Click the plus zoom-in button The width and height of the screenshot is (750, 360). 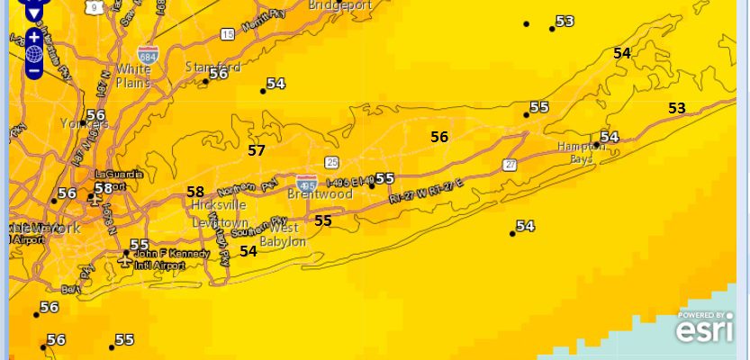(33, 37)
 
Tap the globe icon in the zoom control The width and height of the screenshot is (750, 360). (33, 53)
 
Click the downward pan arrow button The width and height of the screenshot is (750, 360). (33, 13)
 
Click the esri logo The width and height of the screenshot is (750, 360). (705, 330)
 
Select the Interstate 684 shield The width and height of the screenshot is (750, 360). (149, 54)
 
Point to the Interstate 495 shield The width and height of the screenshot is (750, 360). (307, 184)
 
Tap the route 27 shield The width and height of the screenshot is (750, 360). (511, 165)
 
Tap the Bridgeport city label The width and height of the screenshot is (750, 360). (339, 4)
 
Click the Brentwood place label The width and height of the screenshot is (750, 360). (320, 193)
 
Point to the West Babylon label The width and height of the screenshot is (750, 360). (284, 235)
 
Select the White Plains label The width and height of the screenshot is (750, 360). (133, 76)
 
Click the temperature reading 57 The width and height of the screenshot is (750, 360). (257, 150)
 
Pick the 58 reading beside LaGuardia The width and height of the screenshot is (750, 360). (104, 188)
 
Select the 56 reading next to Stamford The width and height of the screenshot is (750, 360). (219, 74)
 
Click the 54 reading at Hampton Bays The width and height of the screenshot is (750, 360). (610, 137)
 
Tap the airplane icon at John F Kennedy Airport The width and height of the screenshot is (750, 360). (126, 255)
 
